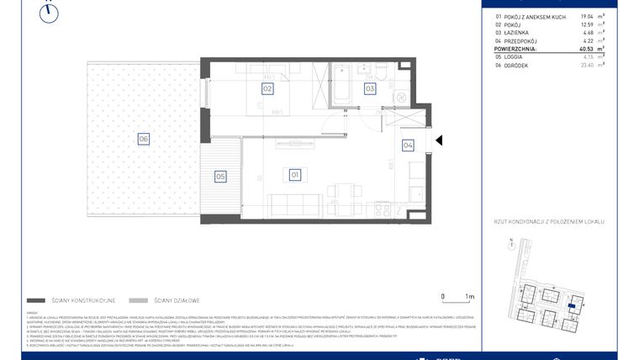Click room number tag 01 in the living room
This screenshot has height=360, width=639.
[x=295, y=175]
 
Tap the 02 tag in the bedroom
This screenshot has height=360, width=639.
[x=267, y=87]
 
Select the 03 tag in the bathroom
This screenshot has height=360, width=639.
[x=369, y=87]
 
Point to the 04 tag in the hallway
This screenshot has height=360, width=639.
[x=408, y=145]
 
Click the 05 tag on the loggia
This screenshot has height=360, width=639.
[x=220, y=177]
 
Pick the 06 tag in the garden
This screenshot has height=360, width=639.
[x=144, y=140]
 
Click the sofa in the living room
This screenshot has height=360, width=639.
[x=295, y=203]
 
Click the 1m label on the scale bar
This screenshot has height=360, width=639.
[x=470, y=297]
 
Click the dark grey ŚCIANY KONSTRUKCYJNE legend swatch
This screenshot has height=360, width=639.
[x=35, y=299]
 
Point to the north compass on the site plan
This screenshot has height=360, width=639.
[x=511, y=245]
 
